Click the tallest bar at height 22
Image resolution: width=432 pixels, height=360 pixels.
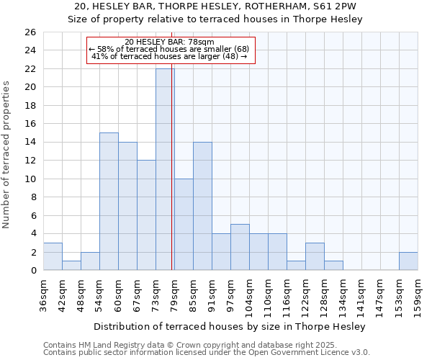(165, 169)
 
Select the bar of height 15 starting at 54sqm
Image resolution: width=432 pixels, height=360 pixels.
(109, 202)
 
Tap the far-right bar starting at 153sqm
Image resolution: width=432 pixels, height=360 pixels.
(408, 261)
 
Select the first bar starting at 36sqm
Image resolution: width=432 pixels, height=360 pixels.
(53, 256)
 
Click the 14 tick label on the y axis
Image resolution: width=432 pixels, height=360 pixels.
(30, 143)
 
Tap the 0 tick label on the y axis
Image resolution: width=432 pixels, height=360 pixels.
(33, 271)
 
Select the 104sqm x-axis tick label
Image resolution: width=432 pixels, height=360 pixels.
(249, 294)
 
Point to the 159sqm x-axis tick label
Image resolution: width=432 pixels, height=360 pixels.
(418, 294)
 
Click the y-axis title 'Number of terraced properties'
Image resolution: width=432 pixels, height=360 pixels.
(6, 155)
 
